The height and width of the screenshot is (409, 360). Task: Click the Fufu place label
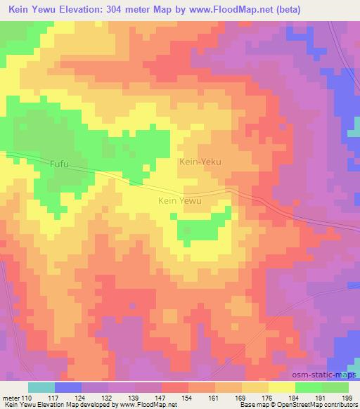[60, 164]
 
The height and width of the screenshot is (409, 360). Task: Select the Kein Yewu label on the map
[180, 201]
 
